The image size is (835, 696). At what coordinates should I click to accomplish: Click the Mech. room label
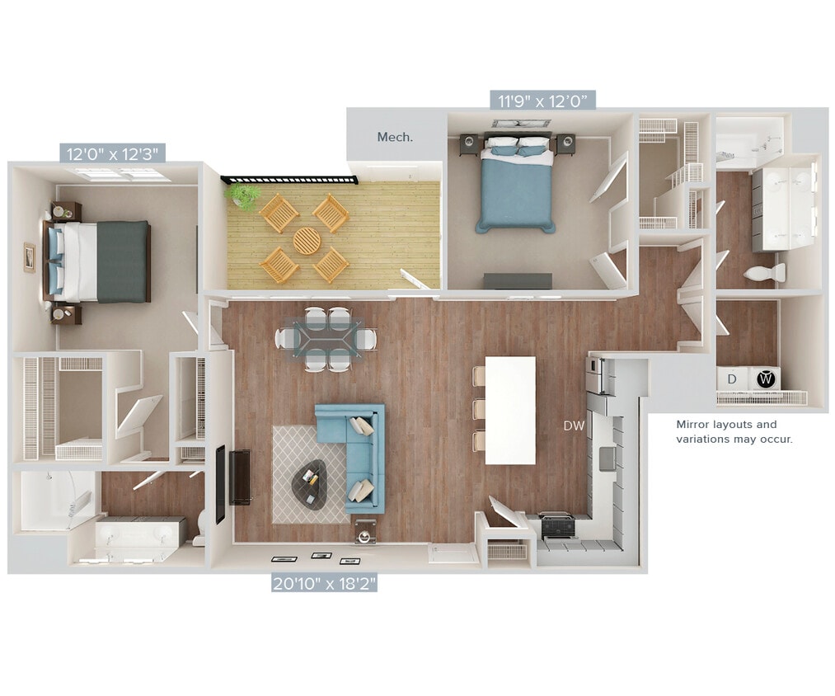point(395,137)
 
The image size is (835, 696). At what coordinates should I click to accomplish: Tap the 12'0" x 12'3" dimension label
point(113,153)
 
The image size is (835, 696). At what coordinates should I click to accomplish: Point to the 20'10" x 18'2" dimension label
point(325,584)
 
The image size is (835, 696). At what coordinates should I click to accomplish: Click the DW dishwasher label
point(574,426)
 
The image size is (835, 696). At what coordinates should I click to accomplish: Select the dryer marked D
point(731,379)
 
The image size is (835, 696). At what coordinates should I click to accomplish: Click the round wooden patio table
point(307,241)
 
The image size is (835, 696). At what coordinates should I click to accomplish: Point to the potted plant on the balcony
point(243,195)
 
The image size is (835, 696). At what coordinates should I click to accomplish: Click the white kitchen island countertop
point(511,410)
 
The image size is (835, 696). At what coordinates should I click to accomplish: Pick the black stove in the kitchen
point(559,524)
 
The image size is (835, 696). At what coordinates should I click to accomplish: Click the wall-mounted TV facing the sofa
point(220,484)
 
